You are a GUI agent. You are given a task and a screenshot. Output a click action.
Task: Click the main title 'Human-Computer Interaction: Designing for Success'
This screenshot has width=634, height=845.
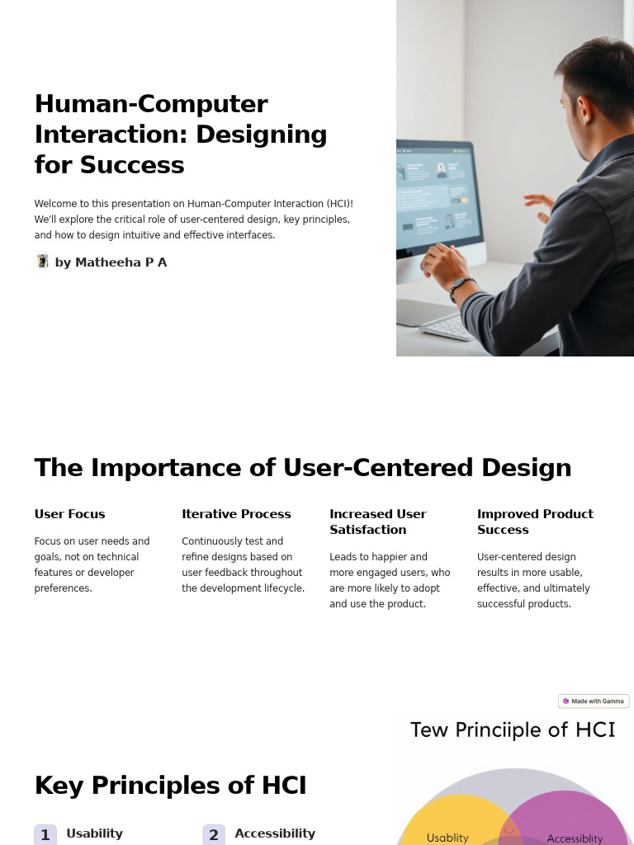pos(181,134)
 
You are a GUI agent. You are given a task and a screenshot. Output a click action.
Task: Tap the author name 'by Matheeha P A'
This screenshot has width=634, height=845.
pos(111,262)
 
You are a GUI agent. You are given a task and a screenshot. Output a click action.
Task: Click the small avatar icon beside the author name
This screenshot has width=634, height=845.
pos(43,262)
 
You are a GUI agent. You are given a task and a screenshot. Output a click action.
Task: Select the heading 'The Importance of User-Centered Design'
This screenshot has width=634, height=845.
pos(302,468)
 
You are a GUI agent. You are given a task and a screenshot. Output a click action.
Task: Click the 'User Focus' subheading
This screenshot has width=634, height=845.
pos(69,514)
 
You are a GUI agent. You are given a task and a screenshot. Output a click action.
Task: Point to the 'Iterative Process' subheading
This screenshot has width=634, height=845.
pos(236,514)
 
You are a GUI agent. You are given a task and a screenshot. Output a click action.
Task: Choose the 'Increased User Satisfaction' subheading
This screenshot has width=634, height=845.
pos(377,522)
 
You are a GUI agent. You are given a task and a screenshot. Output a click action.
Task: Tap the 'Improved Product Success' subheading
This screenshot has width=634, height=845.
pos(535,522)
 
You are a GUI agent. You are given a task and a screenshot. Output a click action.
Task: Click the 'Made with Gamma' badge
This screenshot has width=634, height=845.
pos(594,701)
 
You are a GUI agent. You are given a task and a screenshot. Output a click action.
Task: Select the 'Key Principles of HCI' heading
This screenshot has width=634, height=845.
pos(170,786)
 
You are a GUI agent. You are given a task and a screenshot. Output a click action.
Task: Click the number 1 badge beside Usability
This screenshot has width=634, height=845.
pos(45,834)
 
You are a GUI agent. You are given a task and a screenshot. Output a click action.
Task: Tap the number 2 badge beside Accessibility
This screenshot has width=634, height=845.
pos(214,834)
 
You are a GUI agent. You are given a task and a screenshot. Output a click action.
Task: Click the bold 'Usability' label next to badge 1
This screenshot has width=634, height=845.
pos(94,833)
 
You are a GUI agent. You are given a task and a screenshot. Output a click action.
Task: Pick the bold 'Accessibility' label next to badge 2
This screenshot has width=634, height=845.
pos(275,833)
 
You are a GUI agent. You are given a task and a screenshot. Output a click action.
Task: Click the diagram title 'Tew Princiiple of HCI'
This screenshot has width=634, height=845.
pos(513,730)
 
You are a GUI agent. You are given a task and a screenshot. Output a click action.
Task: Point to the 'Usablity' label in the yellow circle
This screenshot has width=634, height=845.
pos(447,838)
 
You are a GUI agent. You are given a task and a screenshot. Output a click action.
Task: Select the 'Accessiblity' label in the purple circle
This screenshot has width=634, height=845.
pos(575,838)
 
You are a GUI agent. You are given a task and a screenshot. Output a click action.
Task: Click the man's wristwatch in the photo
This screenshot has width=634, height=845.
pos(461,286)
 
